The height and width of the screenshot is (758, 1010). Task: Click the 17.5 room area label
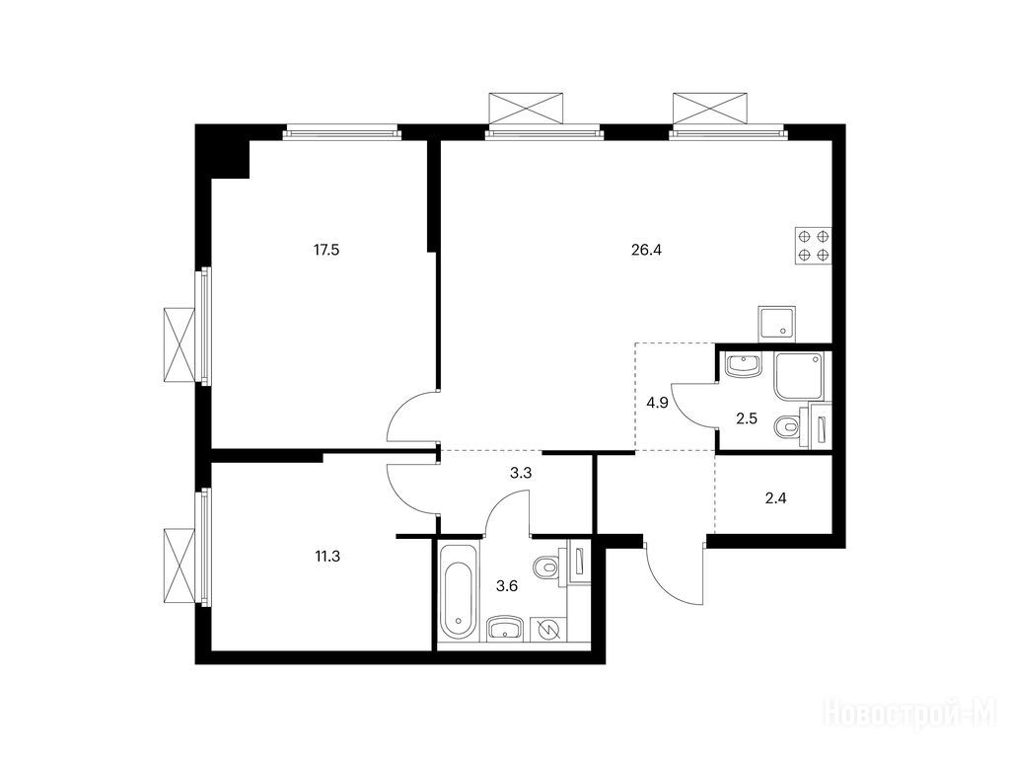[x=325, y=250]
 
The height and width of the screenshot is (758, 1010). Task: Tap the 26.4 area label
[x=647, y=250]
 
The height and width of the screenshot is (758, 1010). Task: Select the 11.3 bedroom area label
[x=327, y=557]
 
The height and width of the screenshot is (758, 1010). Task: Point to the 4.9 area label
[x=657, y=404]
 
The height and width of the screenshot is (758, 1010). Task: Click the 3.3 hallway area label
[x=521, y=474]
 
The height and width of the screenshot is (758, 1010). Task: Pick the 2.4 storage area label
[x=775, y=497]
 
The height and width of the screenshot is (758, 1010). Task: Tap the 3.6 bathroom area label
[x=506, y=586]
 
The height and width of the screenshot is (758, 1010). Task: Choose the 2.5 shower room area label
[x=747, y=418]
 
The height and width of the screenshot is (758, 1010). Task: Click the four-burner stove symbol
[x=814, y=246]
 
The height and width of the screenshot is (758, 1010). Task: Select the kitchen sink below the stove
[x=777, y=323]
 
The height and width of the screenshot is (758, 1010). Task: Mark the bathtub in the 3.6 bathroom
[x=459, y=591]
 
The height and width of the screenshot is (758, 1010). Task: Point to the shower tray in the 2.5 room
[x=799, y=376]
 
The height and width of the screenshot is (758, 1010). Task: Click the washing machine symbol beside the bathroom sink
[x=548, y=629]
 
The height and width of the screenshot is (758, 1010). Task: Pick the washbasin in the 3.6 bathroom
[x=507, y=629]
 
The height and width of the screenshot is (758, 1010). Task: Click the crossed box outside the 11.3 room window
[x=180, y=566]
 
